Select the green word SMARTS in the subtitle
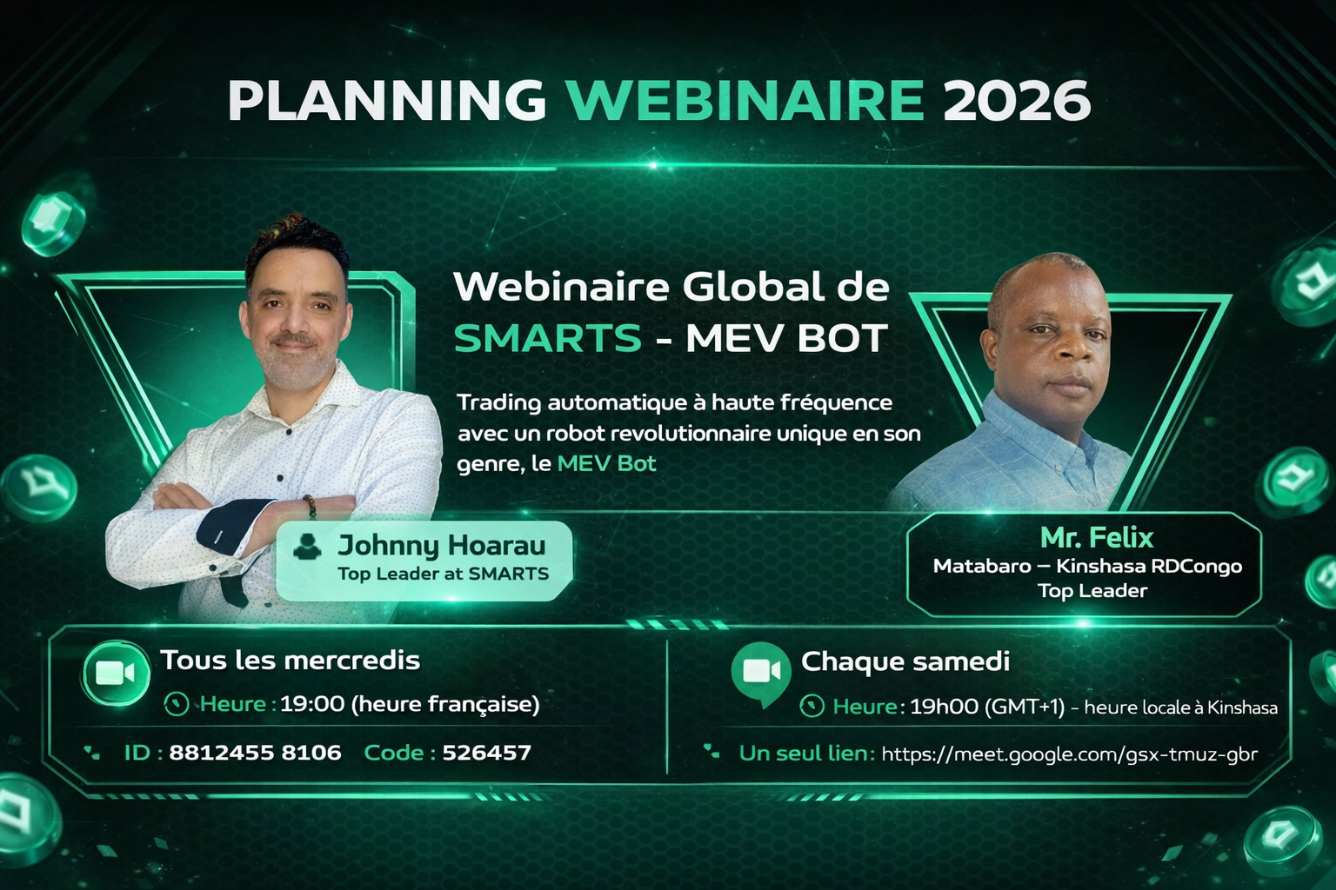[x=547, y=338]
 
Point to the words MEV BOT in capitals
[x=786, y=338]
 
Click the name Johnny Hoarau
[x=441, y=546]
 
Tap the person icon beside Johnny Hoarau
[x=307, y=547]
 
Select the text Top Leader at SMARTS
[x=443, y=574]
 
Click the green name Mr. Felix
[x=1097, y=538]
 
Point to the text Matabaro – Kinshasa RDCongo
[x=1087, y=566]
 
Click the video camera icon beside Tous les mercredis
[x=115, y=673]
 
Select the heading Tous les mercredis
[x=290, y=661]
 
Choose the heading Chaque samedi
[x=905, y=661]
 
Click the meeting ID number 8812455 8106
[x=255, y=753]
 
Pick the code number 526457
[x=487, y=753]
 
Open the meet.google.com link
[x=1069, y=754]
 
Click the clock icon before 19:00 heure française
[x=176, y=704]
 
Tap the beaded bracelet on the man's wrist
[x=309, y=507]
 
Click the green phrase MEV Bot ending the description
[x=606, y=464]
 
